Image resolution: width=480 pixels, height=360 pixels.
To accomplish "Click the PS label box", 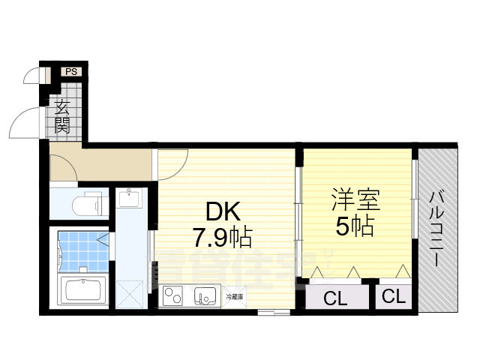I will [x=72, y=72].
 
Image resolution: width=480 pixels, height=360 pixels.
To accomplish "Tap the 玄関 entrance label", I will [x=62, y=118].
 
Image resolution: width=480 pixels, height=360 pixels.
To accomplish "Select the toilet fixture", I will [x=86, y=203].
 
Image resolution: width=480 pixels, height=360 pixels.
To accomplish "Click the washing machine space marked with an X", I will [x=130, y=289].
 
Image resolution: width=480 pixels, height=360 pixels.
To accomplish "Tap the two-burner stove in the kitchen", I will [x=174, y=295].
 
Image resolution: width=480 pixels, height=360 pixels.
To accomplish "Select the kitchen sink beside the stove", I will [x=204, y=296].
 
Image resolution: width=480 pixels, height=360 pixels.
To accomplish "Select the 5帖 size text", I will [x=354, y=226].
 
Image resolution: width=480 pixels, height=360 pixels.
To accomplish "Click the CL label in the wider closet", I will [x=335, y=298].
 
